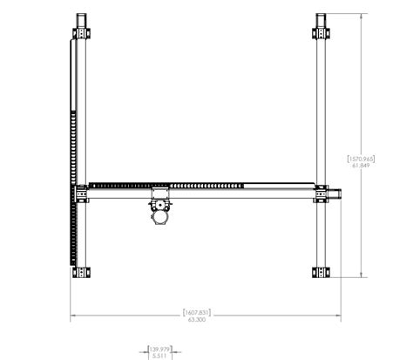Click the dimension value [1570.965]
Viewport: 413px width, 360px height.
362,159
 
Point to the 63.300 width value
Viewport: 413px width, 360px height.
197,320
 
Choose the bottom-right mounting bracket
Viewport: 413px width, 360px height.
322,271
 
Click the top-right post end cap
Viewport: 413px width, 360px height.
322,19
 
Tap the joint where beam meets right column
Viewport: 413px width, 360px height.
322,192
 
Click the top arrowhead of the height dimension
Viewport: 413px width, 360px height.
362,16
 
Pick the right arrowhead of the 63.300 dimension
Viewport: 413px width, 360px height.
338,316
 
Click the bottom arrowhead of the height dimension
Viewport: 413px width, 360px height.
362,275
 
